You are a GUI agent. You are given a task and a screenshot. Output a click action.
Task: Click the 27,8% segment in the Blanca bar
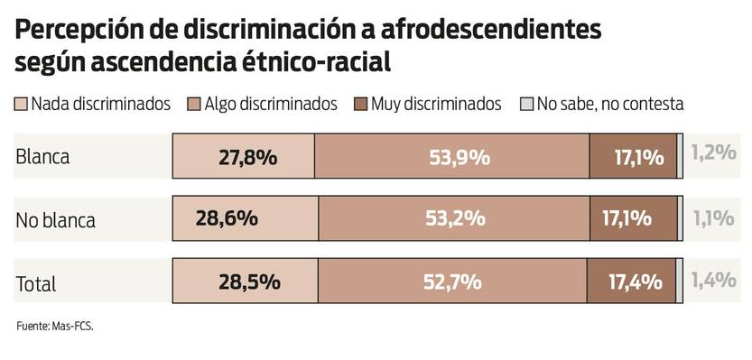point(244,156)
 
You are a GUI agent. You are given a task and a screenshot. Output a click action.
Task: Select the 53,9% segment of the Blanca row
point(451,156)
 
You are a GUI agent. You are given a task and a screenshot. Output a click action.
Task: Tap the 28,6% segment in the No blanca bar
point(245,218)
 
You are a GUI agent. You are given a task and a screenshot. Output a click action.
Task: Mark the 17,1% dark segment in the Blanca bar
point(633,156)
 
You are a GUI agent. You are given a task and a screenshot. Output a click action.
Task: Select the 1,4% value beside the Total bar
point(713,280)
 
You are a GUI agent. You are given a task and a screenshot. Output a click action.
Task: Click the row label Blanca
point(42,156)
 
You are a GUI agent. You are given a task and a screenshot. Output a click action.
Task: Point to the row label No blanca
point(55,219)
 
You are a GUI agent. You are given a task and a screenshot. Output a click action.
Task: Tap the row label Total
point(36,283)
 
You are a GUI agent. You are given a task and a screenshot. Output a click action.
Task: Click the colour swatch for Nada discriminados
point(22,104)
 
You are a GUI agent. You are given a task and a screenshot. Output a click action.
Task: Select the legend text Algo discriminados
point(270,104)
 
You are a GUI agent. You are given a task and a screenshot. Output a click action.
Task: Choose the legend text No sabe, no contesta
point(609,104)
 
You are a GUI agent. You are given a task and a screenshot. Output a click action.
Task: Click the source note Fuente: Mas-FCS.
point(55,326)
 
